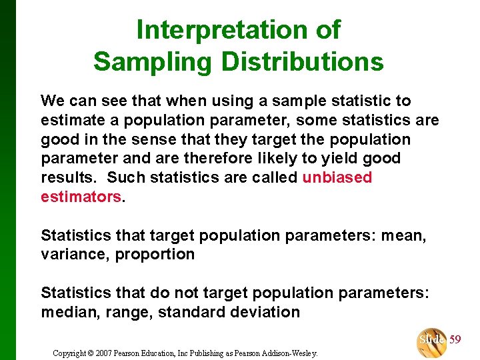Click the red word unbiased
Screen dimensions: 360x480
pyautogui.click(x=337, y=178)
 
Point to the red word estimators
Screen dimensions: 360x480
pyautogui.click(x=81, y=197)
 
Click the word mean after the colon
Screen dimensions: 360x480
pyautogui.click(x=407, y=235)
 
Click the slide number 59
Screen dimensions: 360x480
pyautogui.click(x=455, y=339)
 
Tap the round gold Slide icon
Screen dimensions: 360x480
pyautogui.click(x=431, y=341)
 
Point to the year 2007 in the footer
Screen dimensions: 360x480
pyautogui.click(x=111, y=353)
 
